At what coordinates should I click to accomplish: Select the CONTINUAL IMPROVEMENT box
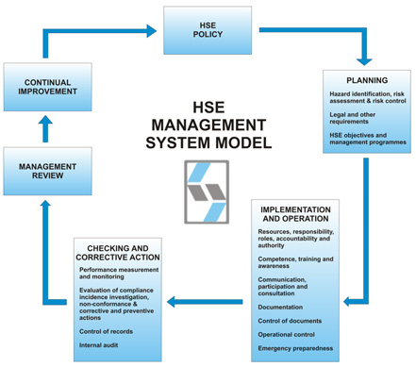[46, 88]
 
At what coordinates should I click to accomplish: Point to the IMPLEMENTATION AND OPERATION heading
[308, 213]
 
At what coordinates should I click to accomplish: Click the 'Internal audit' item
[100, 346]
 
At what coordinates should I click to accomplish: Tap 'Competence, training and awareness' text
[302, 261]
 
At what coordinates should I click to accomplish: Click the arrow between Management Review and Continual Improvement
[46, 128]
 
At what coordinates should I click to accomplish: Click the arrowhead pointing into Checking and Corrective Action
[173, 302]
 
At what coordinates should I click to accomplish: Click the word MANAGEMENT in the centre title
[208, 124]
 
